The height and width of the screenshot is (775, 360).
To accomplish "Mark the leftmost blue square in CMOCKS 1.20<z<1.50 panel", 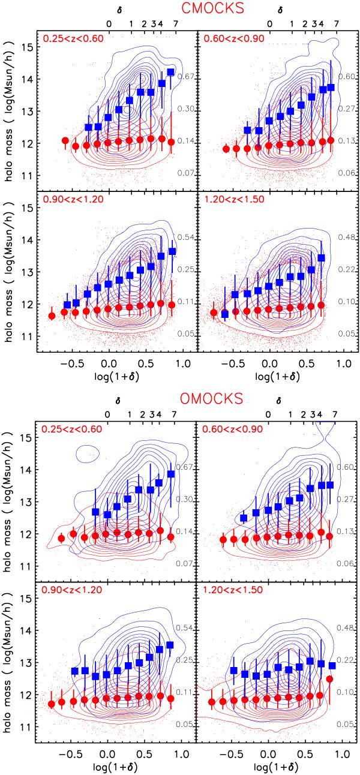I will [x=225, y=314].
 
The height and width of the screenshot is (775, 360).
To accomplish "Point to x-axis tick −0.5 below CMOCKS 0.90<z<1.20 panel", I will [x=70, y=364].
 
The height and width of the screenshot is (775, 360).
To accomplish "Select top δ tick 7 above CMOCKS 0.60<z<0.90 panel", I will [x=335, y=24].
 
